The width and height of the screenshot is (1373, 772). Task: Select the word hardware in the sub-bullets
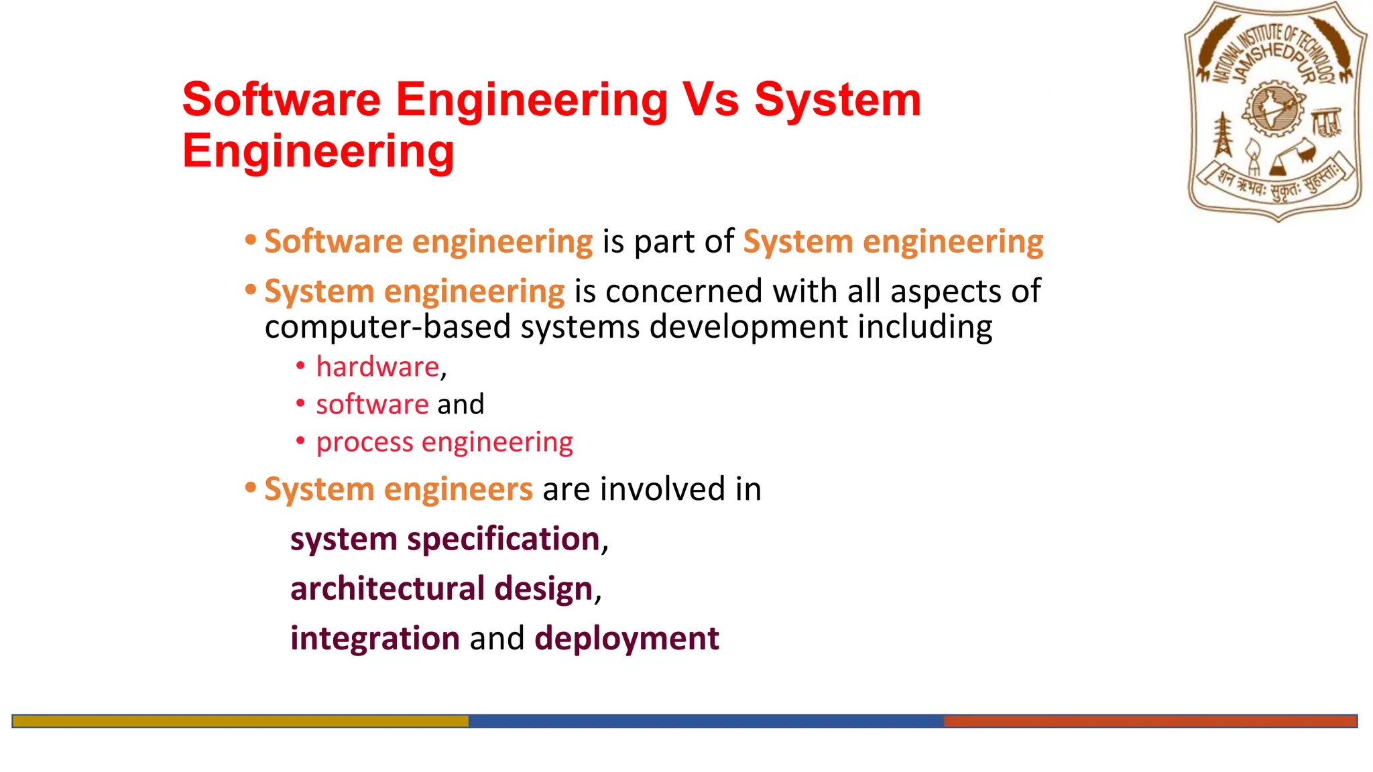(x=377, y=367)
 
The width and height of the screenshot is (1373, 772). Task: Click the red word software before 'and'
(x=372, y=405)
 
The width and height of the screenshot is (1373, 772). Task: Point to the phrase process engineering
(x=444, y=442)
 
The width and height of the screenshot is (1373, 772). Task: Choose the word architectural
(x=387, y=589)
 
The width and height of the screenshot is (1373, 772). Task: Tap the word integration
(x=375, y=639)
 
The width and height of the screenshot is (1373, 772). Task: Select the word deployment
(x=627, y=639)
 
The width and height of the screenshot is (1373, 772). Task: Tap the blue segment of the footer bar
(x=705, y=721)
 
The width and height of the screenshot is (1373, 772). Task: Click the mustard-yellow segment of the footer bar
(x=240, y=721)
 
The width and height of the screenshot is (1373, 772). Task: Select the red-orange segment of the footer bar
(x=1150, y=721)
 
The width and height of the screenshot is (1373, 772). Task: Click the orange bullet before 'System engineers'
(x=251, y=488)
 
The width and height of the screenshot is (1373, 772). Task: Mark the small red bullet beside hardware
(x=301, y=366)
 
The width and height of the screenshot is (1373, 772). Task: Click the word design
(x=544, y=589)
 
